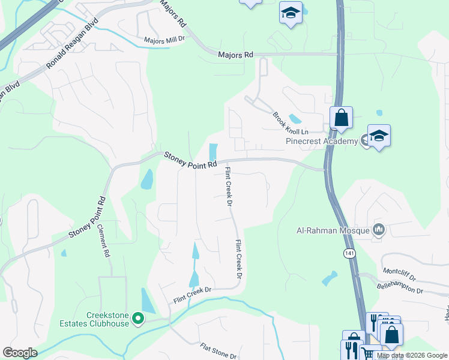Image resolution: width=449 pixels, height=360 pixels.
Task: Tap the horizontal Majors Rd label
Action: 236,55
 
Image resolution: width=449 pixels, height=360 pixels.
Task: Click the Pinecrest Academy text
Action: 321,142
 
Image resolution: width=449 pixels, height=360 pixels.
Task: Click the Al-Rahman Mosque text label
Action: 334,230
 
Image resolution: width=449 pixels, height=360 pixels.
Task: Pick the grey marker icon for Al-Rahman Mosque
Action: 379,230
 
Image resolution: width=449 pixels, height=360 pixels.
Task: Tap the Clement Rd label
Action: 106,241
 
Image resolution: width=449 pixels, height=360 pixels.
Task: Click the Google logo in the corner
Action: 20,353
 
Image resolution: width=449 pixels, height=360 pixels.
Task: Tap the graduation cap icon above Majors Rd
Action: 291,13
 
